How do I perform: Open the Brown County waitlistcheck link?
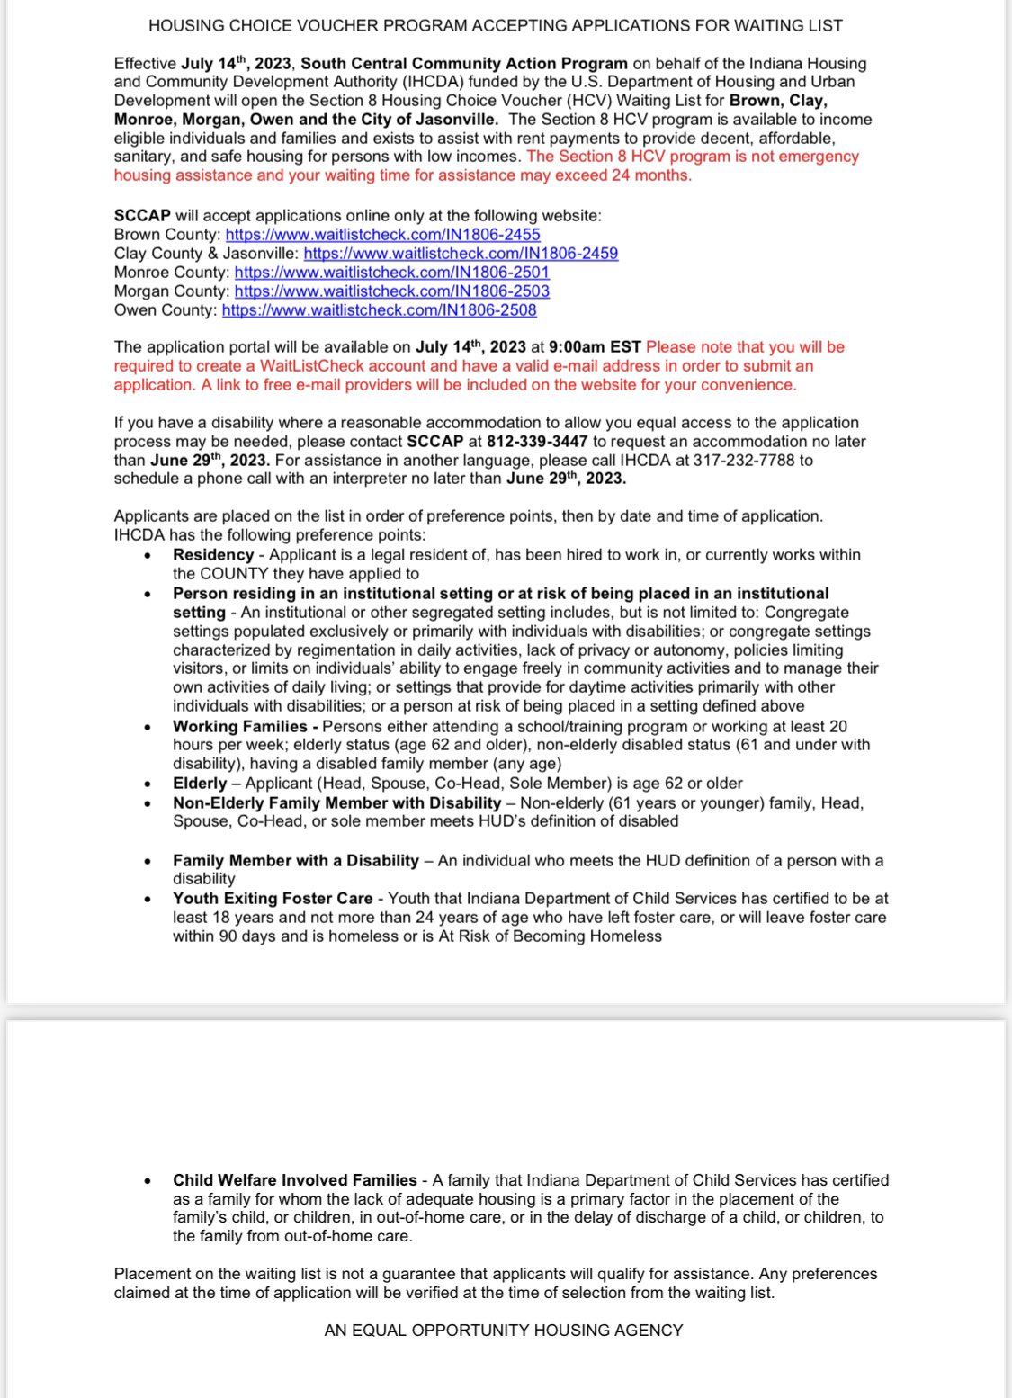pyautogui.click(x=382, y=235)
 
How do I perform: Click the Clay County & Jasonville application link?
pyautogui.click(x=461, y=254)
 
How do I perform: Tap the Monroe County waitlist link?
pyautogui.click(x=391, y=273)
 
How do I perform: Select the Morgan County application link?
pyautogui.click(x=391, y=291)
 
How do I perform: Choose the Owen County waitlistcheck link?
pyautogui.click(x=379, y=310)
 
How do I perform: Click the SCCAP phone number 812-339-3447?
pyautogui.click(x=537, y=442)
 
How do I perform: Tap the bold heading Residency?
pyautogui.click(x=213, y=555)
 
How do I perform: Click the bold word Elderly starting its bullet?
pyautogui.click(x=200, y=784)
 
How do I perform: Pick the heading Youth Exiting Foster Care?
pyautogui.click(x=273, y=899)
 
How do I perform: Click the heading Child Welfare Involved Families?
pyautogui.click(x=295, y=1180)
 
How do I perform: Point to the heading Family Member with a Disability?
pyautogui.click(x=296, y=861)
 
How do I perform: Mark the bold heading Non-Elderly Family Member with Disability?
pyautogui.click(x=337, y=802)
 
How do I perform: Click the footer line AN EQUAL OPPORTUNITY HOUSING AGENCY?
pyautogui.click(x=504, y=1331)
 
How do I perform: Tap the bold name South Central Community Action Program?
pyautogui.click(x=464, y=64)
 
